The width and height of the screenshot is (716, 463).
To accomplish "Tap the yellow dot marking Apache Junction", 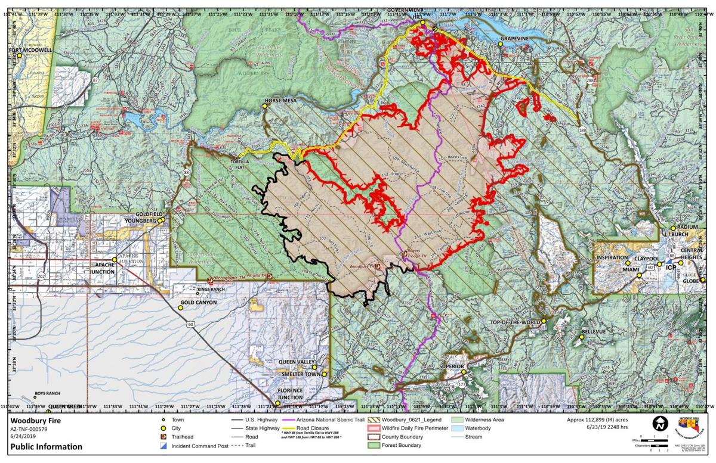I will click(x=115, y=260).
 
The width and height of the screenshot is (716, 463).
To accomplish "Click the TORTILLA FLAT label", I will click(x=245, y=161).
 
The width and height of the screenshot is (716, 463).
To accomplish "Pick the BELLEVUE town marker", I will click(x=582, y=337).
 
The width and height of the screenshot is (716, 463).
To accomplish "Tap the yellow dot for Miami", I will click(x=628, y=263).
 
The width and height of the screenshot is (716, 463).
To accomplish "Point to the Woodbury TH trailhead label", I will click(x=362, y=266).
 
